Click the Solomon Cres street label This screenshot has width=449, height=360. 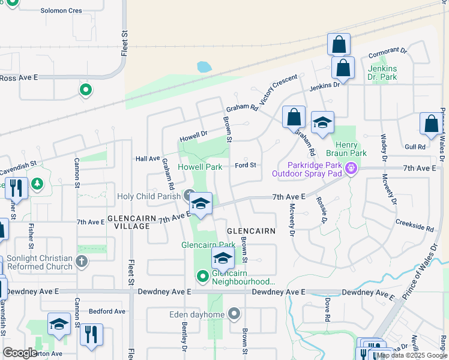pyautogui.click(x=61, y=11)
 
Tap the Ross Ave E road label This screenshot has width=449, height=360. pyautogui.click(x=19, y=77)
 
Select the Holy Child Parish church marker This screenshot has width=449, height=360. pyautogui.click(x=188, y=194)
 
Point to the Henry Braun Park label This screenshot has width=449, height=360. pyautogui.click(x=351, y=149)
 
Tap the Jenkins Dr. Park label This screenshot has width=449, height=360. pyautogui.click(x=382, y=73)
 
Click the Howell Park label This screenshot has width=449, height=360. pyautogui.click(x=200, y=167)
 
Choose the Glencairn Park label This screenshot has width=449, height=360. pyautogui.click(x=208, y=245)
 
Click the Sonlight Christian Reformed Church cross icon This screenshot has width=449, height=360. pyautogui.click(x=82, y=262)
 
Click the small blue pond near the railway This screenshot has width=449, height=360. pyautogui.click(x=204, y=67)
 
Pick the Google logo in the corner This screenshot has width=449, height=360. pyautogui.click(x=20, y=353)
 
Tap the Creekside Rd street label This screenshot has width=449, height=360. pyautogui.click(x=414, y=224)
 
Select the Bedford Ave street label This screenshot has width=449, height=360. pyautogui.click(x=107, y=311)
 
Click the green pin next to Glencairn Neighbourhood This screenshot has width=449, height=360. pyautogui.click(x=203, y=276)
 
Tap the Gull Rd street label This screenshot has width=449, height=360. pyautogui.click(x=415, y=146)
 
